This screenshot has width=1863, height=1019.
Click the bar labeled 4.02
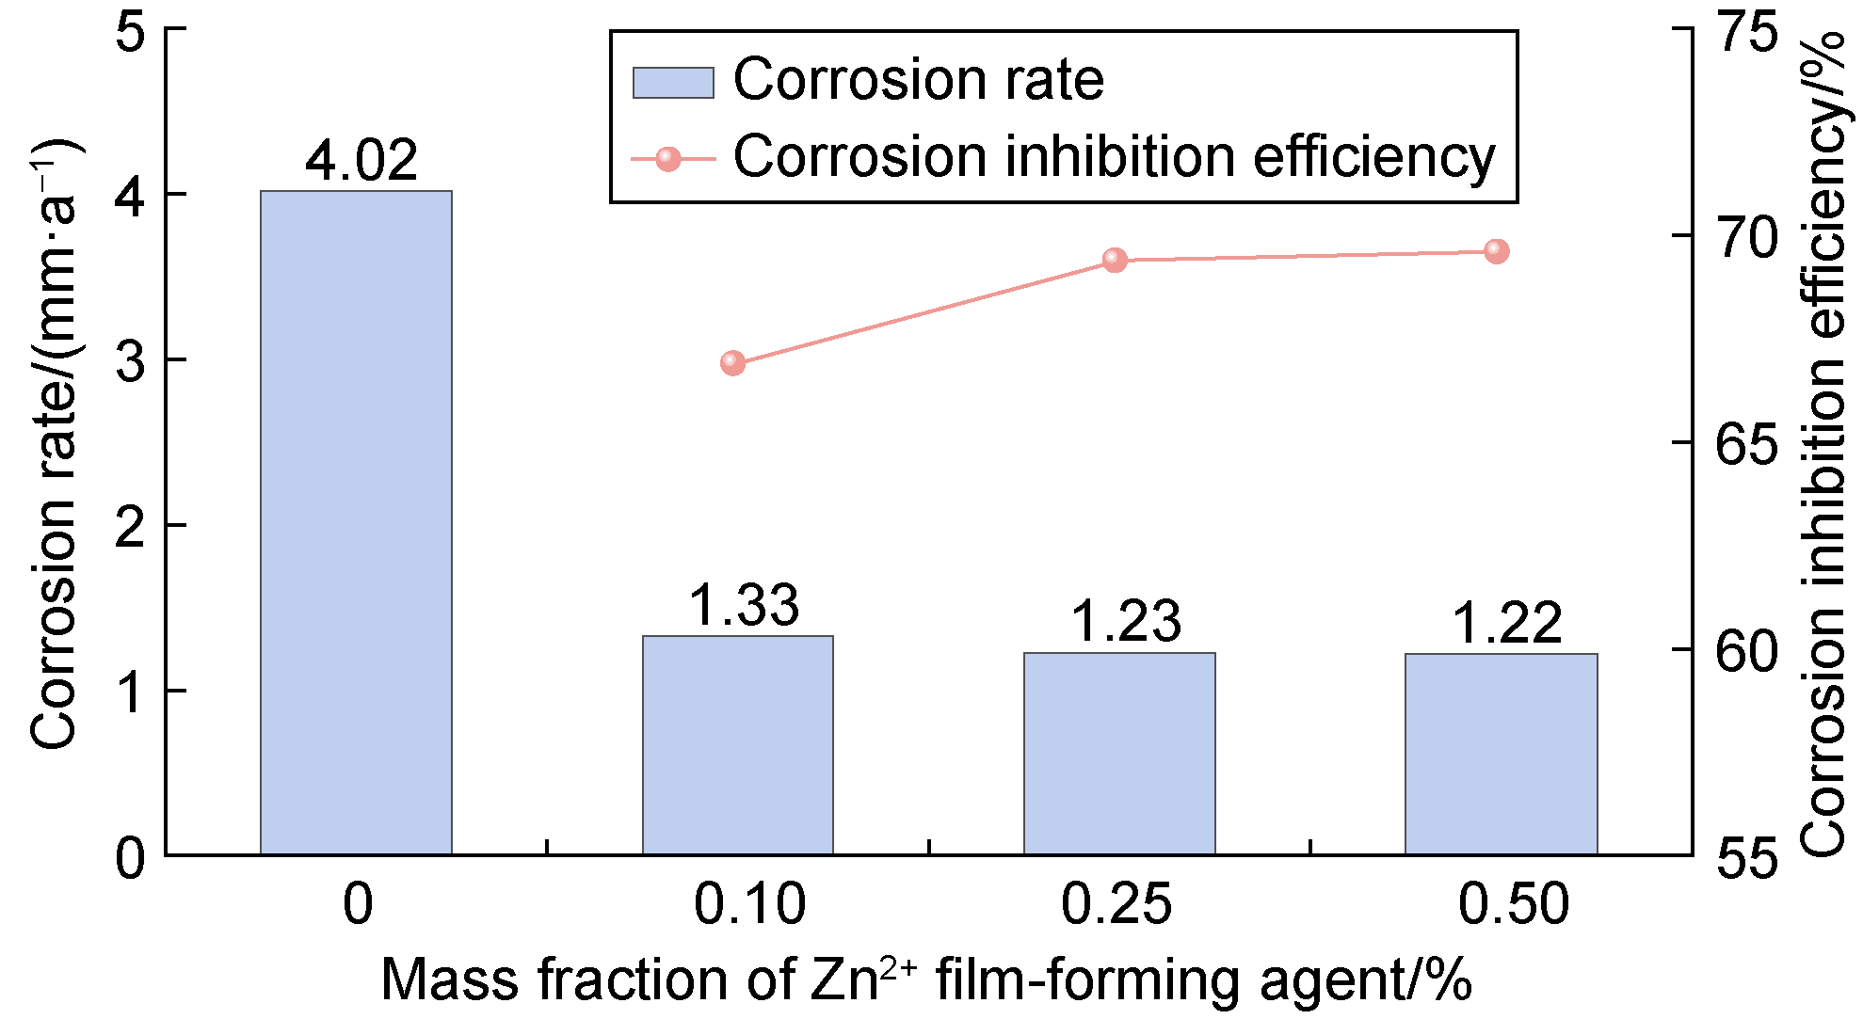pyautogui.click(x=356, y=522)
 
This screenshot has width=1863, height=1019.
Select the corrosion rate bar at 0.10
pyautogui.click(x=737, y=745)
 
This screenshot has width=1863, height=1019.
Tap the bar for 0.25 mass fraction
pyautogui.click(x=1119, y=753)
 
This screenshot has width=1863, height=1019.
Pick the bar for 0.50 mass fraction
pyautogui.click(x=1501, y=754)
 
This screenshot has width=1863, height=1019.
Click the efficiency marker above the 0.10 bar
pyautogui.click(x=732, y=363)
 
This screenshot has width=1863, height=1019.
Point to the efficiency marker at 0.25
pyautogui.click(x=1115, y=260)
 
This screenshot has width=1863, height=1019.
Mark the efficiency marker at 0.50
pyautogui.click(x=1496, y=251)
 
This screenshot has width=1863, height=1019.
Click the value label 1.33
pyautogui.click(x=744, y=605)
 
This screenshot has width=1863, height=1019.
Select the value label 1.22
pyautogui.click(x=1507, y=622)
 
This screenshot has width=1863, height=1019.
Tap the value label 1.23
pyautogui.click(x=1126, y=621)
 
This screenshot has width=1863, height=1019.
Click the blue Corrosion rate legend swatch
pyautogui.click(x=672, y=83)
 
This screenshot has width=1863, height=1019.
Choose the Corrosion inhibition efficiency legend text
pyautogui.click(x=1114, y=156)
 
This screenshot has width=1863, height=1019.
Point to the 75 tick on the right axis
pyautogui.click(x=1747, y=32)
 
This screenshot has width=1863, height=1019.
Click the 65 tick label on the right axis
pyautogui.click(x=1747, y=443)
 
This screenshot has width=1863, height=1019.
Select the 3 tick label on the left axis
pyautogui.click(x=131, y=360)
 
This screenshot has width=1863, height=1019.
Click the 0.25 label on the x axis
pyautogui.click(x=1116, y=904)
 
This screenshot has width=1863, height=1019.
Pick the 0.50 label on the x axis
pyautogui.click(x=1513, y=904)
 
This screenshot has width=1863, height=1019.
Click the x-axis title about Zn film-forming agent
pyautogui.click(x=925, y=980)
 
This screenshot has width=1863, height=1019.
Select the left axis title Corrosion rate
pyautogui.click(x=54, y=442)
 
